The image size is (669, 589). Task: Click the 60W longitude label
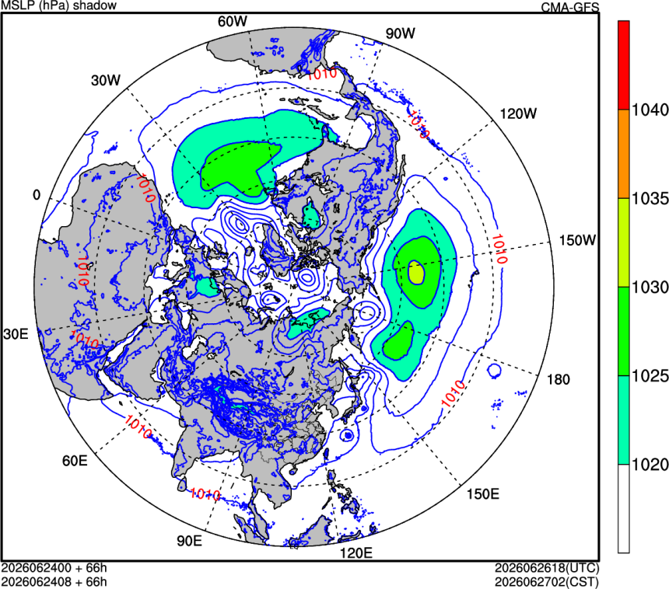[232, 21]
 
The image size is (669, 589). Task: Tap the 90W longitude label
[400, 33]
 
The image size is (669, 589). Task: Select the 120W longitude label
[518, 113]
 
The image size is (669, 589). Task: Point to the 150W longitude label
[578, 240]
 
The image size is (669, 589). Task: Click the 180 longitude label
[558, 379]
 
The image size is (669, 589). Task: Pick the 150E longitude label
[482, 494]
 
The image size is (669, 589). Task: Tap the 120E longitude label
[356, 553]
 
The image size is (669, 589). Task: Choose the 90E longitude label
[190, 541]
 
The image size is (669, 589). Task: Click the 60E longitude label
[75, 461]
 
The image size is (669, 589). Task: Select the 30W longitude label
[106, 80]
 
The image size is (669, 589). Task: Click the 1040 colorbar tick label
[650, 110]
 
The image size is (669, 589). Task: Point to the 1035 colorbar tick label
[650, 199]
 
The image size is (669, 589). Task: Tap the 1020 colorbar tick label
[650, 465]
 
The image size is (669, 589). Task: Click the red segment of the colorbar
[624, 65]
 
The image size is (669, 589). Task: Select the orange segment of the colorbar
[624, 154]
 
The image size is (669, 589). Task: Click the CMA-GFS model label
[570, 7]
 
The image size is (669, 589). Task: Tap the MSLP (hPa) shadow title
[59, 5]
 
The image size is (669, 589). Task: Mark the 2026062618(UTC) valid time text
[547, 568]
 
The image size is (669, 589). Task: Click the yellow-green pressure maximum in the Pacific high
[416, 273]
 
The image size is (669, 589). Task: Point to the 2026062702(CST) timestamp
[547, 582]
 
